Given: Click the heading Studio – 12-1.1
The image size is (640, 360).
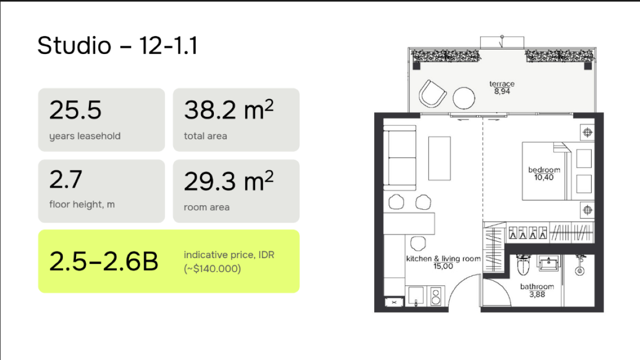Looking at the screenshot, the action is click(x=117, y=45).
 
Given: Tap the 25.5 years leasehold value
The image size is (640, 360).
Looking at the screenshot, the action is click(x=75, y=110).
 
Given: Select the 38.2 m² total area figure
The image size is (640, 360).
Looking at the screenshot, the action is click(x=229, y=109).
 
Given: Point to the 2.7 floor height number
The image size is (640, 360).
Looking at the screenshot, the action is click(x=66, y=179).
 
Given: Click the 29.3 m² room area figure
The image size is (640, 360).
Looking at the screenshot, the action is click(x=229, y=181).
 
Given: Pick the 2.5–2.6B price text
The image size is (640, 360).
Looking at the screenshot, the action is click(x=103, y=261).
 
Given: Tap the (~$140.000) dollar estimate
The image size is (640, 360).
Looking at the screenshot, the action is click(x=212, y=269).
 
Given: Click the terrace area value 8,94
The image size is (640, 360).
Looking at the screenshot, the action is click(x=502, y=92).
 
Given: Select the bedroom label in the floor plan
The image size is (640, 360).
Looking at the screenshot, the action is click(x=544, y=170).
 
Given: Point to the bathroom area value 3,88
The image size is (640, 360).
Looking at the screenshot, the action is click(x=537, y=295).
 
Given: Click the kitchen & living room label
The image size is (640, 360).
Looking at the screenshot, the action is click(x=443, y=259).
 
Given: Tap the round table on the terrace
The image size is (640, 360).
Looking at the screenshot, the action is click(x=464, y=98).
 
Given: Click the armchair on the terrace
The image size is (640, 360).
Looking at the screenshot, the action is click(x=432, y=94).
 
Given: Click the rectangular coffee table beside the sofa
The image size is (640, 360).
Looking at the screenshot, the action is click(x=440, y=158).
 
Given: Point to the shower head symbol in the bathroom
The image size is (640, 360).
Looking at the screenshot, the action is click(x=579, y=266).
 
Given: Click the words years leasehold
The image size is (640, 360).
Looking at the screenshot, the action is click(x=85, y=136).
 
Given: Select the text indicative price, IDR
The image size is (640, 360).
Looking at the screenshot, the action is click(x=229, y=255).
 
